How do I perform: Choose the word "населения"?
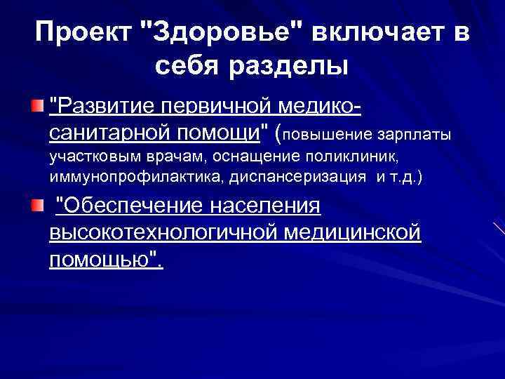(x=266, y=206)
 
